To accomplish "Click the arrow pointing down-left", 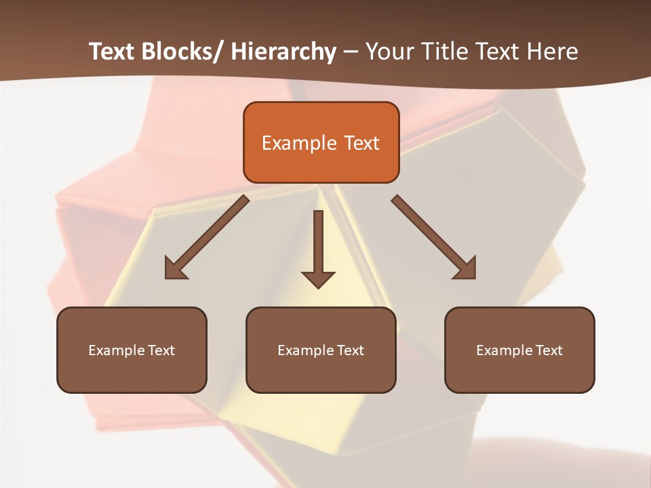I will coord(206,237).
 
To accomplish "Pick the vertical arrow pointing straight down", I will coord(318,248).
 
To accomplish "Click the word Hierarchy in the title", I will coord(283,52).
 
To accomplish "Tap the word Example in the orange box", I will coord(299,143).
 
